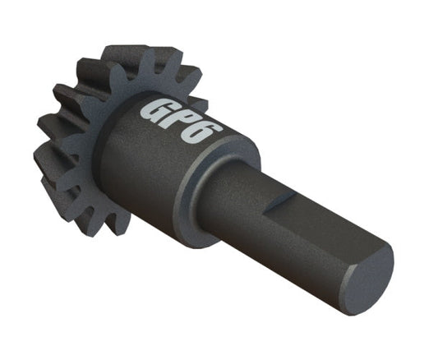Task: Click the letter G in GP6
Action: tap(155, 110)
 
